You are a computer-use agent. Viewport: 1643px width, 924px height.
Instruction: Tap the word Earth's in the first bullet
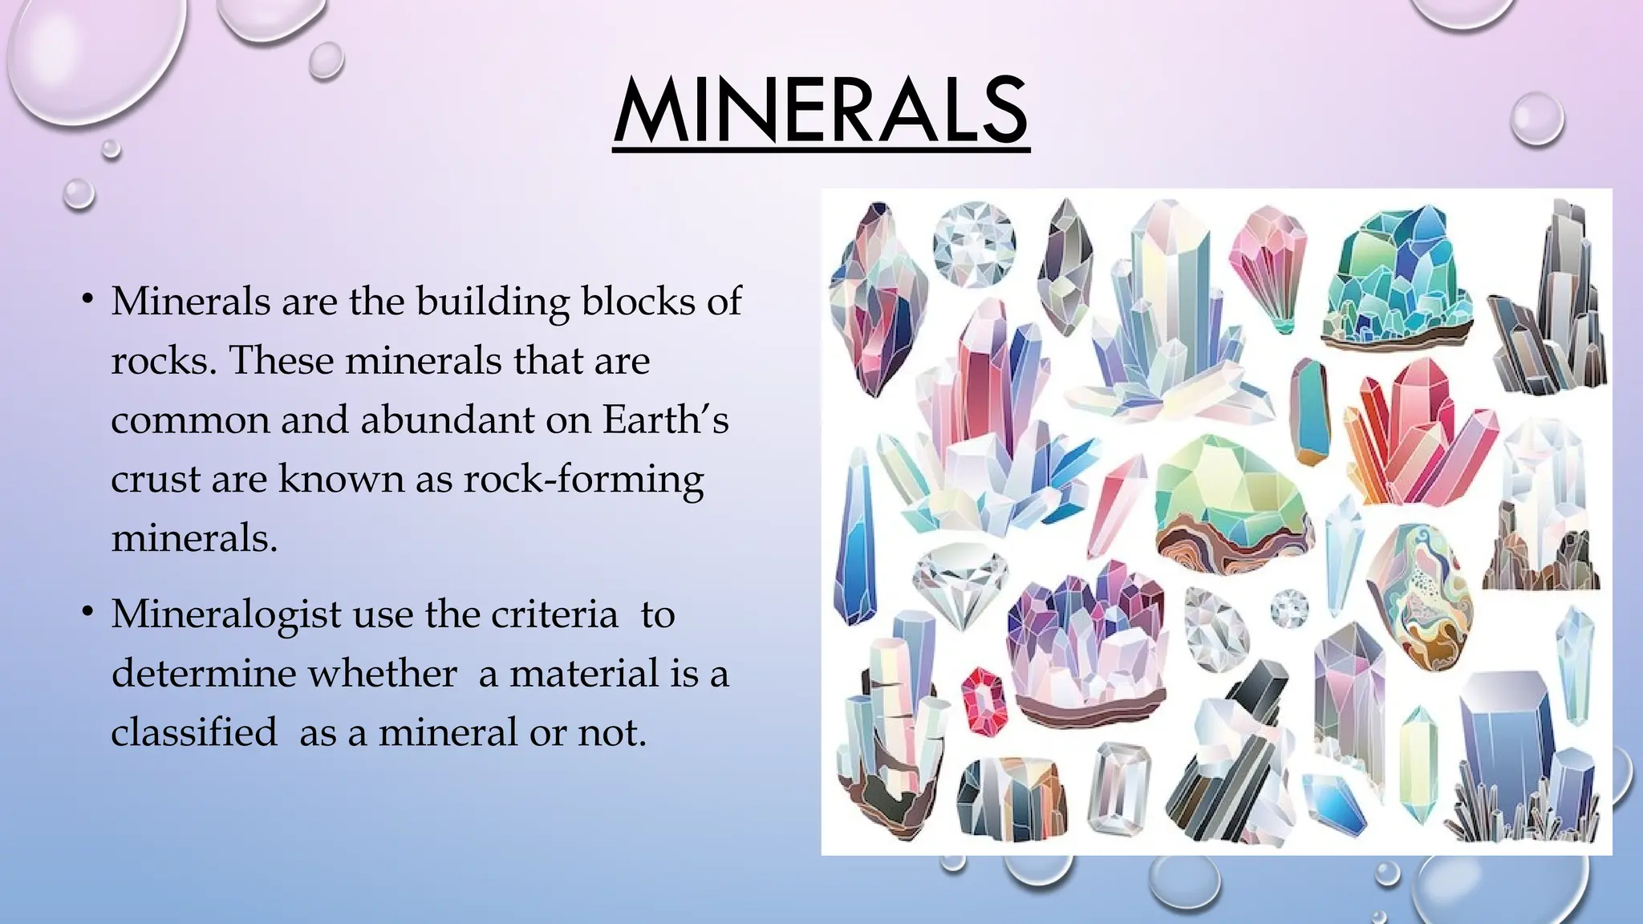pos(665,419)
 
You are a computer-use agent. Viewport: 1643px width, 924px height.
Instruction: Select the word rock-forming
pos(583,480)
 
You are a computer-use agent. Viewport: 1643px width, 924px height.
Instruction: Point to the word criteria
pos(554,614)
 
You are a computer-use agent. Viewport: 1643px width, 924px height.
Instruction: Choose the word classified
pos(193,732)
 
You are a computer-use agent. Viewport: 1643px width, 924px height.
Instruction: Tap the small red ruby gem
pos(983,700)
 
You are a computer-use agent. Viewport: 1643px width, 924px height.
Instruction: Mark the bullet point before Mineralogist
pos(87,614)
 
